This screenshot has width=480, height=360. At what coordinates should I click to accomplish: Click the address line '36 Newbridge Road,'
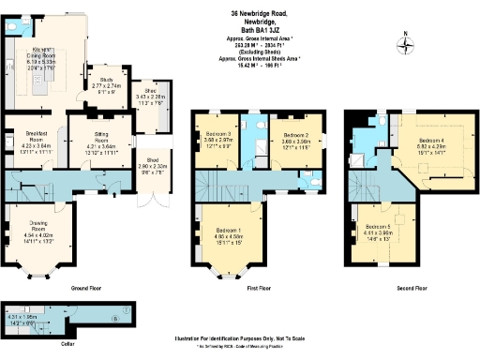(x=261, y=13)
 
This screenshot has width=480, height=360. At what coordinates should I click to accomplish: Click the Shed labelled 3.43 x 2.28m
(x=149, y=97)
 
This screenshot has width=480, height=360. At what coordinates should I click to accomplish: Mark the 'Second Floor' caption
(x=401, y=288)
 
